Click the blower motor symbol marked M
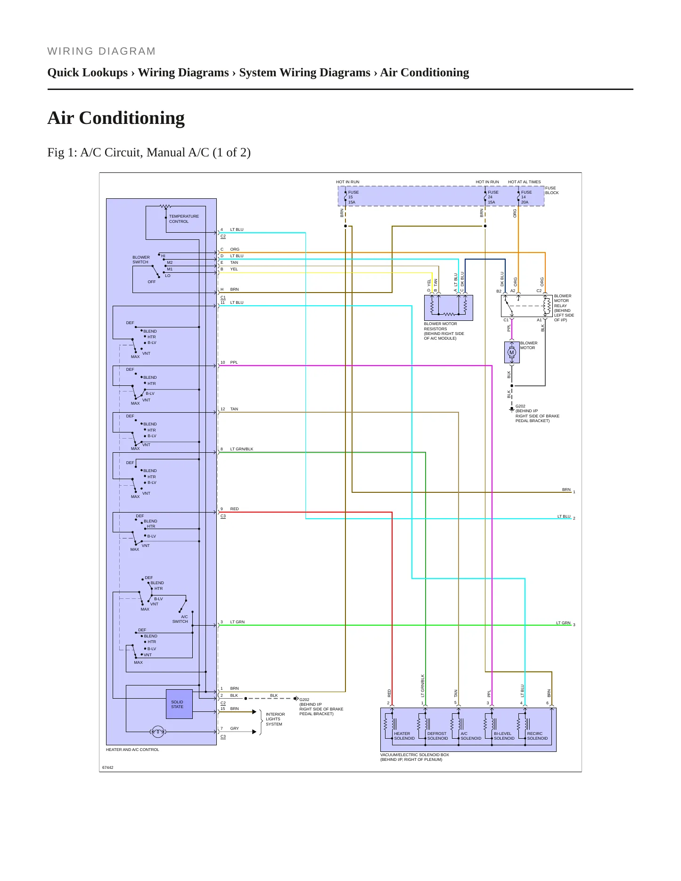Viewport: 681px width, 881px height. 512,352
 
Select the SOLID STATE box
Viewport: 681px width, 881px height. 180,704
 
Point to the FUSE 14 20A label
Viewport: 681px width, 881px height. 526,197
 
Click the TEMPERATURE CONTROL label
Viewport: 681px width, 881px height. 184,219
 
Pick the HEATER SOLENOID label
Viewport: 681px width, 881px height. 404,736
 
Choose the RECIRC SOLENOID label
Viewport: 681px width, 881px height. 537,736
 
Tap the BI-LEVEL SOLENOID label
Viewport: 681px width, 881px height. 504,736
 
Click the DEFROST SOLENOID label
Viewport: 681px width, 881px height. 437,736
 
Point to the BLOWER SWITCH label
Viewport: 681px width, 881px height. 141,260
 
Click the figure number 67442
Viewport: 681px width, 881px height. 108,767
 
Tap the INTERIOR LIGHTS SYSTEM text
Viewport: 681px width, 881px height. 275,719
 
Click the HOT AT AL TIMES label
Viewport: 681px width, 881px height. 525,182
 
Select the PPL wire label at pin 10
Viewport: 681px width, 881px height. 234,362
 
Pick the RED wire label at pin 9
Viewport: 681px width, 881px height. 234,509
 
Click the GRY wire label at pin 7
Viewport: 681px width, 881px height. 234,728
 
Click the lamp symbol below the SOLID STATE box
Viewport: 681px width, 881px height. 158,732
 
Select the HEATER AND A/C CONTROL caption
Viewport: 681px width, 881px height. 132,750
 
